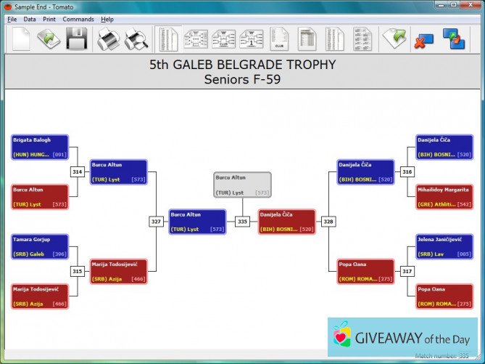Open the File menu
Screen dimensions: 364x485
[x=12, y=19]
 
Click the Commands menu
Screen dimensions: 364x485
[x=78, y=19]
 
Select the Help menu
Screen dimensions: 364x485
[x=107, y=19]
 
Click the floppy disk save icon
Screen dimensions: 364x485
[x=77, y=39]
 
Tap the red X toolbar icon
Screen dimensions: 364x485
[x=423, y=40]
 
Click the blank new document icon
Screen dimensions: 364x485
[x=21, y=39]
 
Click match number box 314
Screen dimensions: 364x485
[x=78, y=171]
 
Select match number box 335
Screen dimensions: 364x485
[x=242, y=222]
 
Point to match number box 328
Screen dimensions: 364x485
[x=328, y=222]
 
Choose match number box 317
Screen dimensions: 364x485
[x=407, y=271]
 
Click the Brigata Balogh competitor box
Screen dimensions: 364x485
[x=41, y=147]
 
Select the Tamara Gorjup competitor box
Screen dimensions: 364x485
[x=41, y=246]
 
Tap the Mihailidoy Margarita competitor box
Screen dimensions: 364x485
[x=445, y=197]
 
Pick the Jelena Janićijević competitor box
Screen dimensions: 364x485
[x=445, y=246]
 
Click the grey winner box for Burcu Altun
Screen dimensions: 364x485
[x=242, y=185]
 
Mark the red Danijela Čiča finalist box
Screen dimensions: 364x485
[x=287, y=222]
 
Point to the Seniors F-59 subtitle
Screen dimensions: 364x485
[x=242, y=79]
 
